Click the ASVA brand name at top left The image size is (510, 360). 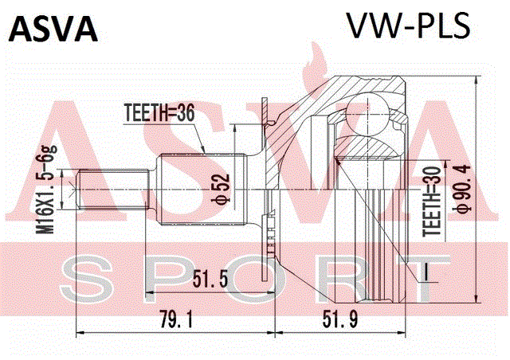point(53,29)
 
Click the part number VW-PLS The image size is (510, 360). point(409,25)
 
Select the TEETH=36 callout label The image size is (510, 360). point(159,113)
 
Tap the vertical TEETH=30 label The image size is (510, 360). point(432,202)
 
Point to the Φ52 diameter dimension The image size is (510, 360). point(221,189)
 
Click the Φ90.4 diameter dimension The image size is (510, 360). point(462,189)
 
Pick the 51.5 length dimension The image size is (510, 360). point(210,279)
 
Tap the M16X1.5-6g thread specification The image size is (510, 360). point(45,190)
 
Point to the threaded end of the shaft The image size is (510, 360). point(112,189)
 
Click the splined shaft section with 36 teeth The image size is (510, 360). point(201,190)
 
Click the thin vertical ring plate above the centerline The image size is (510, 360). point(265,143)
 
